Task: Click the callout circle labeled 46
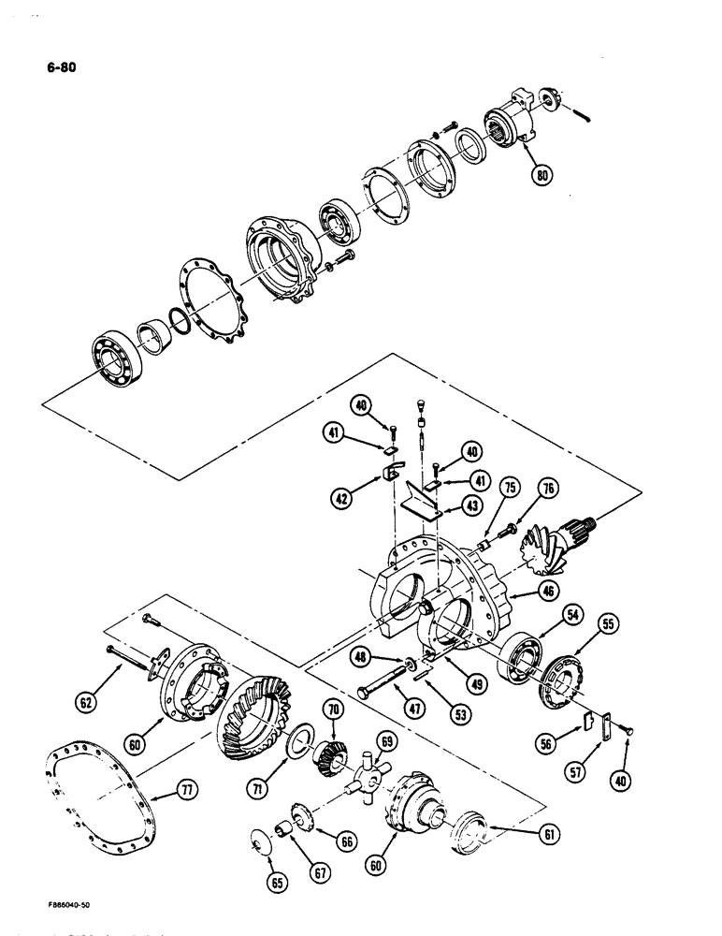click(x=524, y=591)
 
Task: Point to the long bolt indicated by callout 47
click(x=385, y=680)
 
